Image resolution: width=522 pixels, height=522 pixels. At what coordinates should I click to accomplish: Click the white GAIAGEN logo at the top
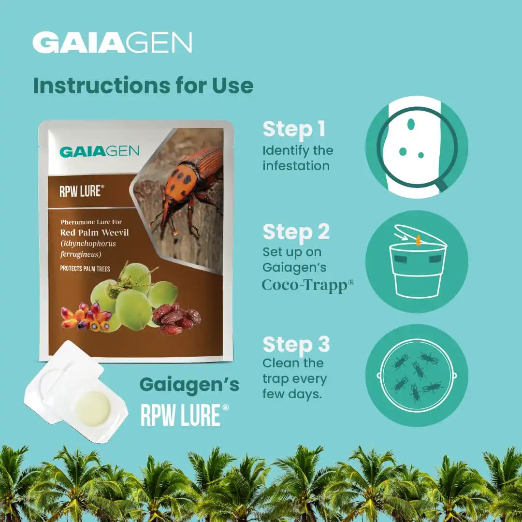pos(112,43)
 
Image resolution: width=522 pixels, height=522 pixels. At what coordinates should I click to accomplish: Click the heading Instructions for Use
pos(143,86)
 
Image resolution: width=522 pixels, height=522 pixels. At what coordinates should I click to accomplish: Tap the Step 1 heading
pos(293,130)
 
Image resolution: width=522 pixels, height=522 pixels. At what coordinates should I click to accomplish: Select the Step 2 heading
pos(296,232)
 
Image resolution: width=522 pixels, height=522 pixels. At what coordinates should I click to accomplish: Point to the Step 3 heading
pos(296,345)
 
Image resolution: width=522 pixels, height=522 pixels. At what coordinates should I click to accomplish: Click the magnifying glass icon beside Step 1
pos(416,147)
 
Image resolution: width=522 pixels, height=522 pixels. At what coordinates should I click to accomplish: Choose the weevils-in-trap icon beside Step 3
pos(416,375)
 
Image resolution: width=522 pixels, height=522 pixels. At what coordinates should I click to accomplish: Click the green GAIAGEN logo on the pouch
pos(99,151)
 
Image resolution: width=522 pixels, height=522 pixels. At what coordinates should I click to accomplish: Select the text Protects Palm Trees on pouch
pos(85,269)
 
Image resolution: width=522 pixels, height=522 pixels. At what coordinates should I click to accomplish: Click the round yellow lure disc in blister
pos(94,408)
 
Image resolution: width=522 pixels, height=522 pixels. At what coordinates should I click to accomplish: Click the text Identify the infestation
pos(297,158)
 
